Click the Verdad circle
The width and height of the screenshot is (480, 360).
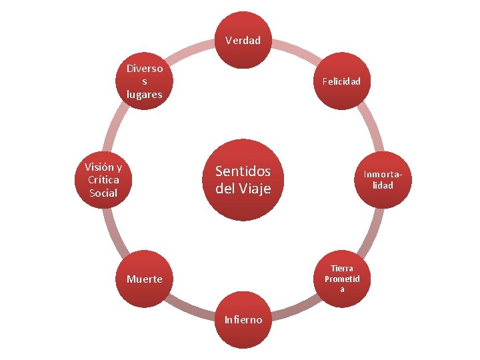243,41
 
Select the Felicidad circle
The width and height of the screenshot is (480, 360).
341,81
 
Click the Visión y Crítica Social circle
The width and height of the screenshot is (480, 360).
103,179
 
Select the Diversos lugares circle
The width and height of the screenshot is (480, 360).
145,81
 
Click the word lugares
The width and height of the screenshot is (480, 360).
145,94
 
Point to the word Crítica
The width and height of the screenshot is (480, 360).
103,179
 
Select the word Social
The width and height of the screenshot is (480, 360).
103,193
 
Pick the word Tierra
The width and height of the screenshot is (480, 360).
342,268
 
